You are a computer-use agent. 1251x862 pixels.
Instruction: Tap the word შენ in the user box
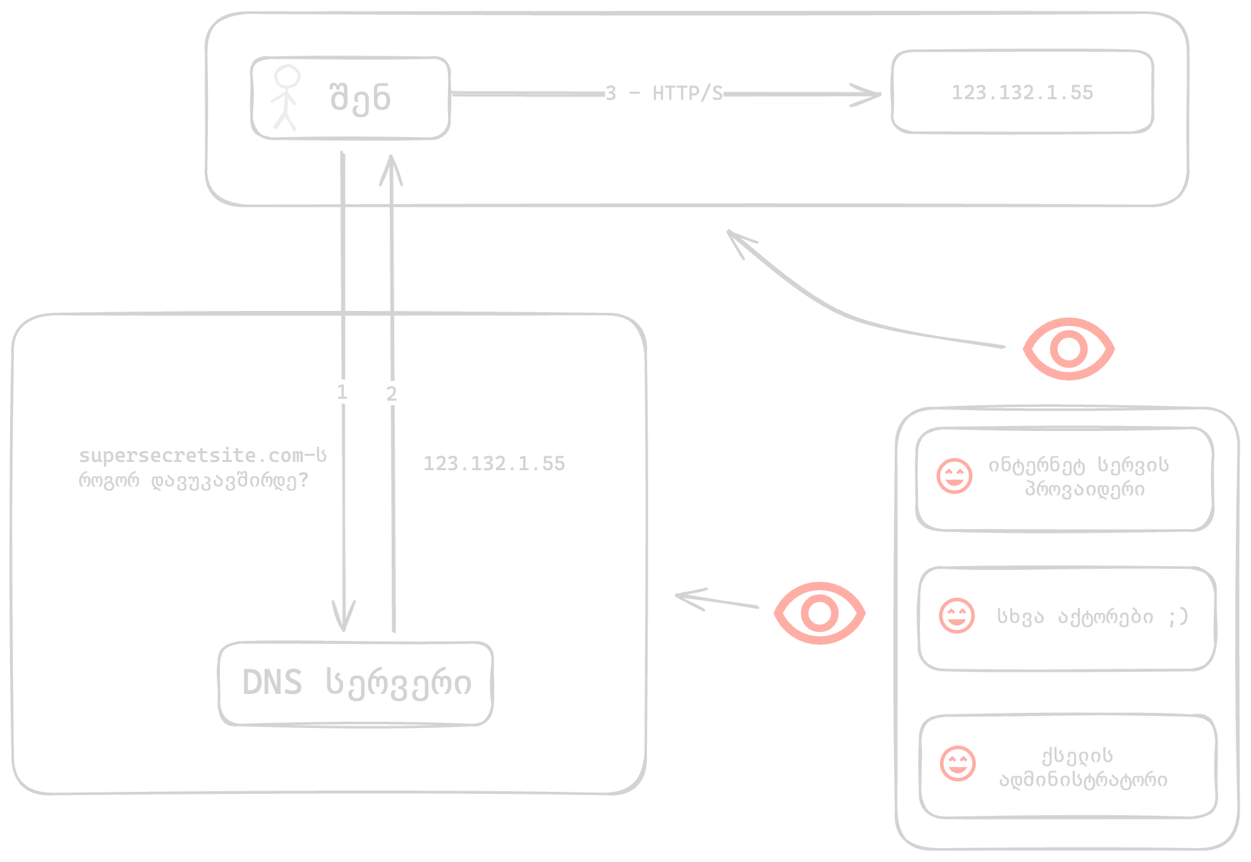coord(360,98)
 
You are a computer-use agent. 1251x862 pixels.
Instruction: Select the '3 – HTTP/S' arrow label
coord(663,94)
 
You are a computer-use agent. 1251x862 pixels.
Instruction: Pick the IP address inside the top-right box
coord(1022,93)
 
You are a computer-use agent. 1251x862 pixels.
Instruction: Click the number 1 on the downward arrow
coord(342,392)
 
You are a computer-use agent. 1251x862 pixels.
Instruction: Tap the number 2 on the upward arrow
coord(391,394)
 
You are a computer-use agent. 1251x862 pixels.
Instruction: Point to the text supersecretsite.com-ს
coord(202,456)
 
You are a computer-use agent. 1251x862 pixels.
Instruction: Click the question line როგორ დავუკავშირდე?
coord(193,481)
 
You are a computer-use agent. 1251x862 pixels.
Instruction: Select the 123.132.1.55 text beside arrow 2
coord(493,464)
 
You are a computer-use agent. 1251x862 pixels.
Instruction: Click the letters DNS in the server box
coord(272,683)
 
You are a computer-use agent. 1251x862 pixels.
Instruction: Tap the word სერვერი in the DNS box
coord(398,683)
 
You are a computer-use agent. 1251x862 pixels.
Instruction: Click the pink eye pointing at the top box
coord(1068,349)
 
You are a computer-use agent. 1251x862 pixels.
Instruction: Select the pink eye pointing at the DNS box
coord(819,613)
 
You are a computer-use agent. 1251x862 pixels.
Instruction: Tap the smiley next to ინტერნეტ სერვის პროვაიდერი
coord(954,477)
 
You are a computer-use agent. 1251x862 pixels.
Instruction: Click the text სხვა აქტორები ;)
coord(1092,616)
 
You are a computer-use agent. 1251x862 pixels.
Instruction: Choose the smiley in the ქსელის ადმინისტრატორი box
coord(957,763)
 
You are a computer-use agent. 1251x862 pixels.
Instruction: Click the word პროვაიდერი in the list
coord(1084,489)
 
